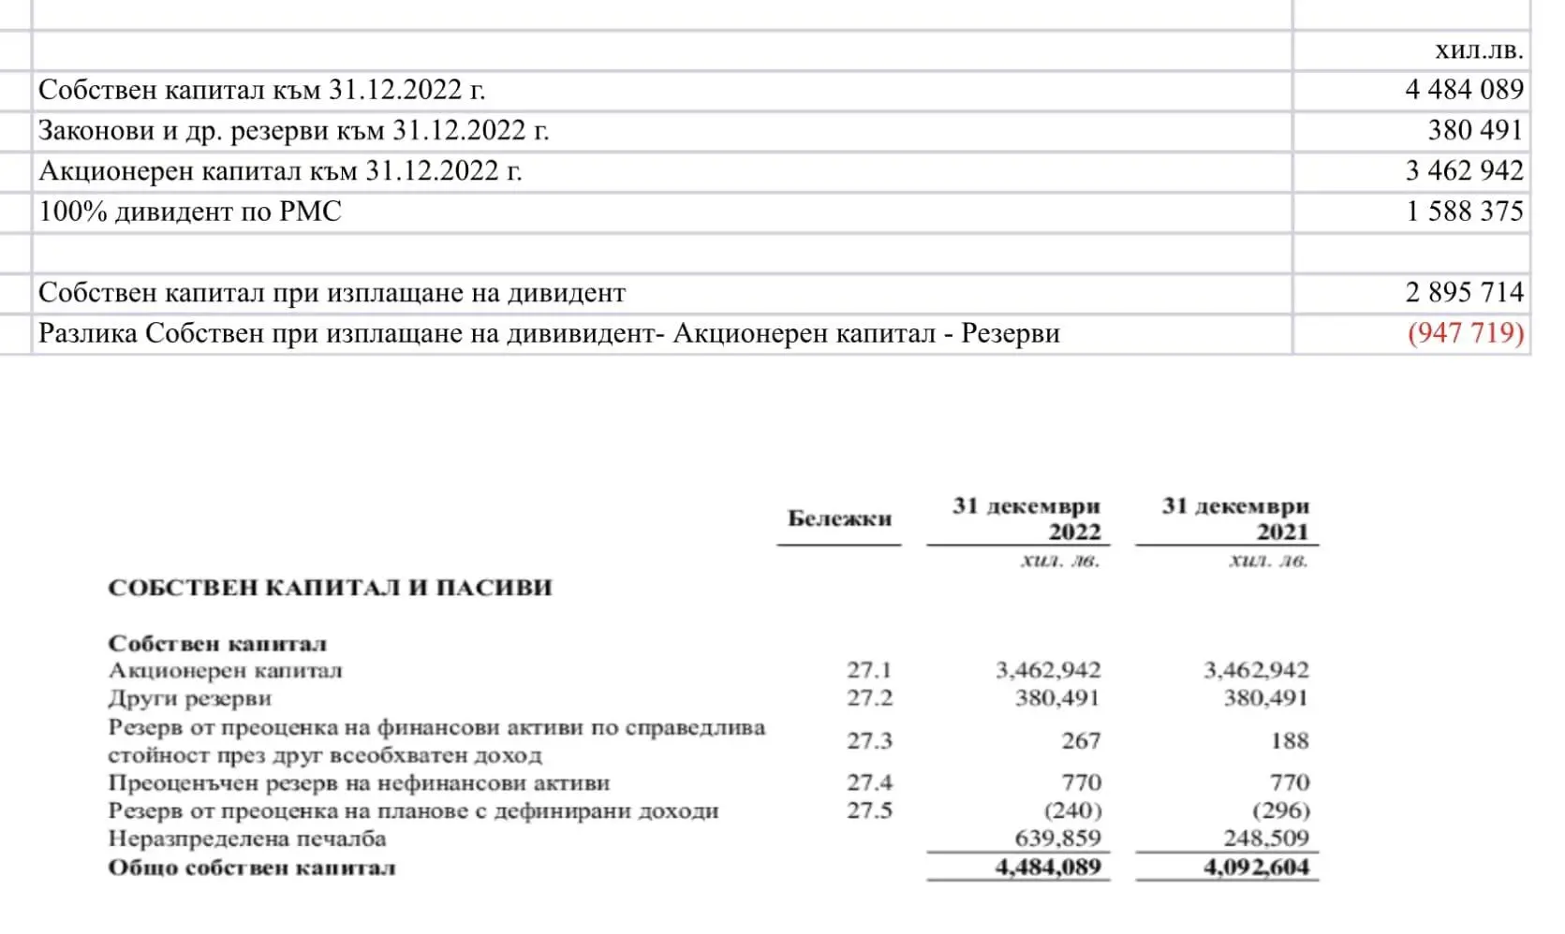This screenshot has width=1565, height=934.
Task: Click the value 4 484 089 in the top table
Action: coord(1464,90)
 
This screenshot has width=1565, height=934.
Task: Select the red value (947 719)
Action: coord(1466,333)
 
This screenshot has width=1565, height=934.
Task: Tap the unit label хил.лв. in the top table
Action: coord(1479,50)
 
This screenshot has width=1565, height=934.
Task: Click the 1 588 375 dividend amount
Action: coord(1465,212)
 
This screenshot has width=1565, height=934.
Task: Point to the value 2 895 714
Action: coord(1465,293)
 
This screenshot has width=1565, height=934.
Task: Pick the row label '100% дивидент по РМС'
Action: coord(190,212)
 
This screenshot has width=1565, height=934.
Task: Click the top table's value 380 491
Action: coord(1475,130)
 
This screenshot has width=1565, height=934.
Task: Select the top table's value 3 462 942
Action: coord(1465,171)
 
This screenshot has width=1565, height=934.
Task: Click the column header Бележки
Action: coord(839,518)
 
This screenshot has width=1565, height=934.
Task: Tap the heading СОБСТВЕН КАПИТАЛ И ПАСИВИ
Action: coord(330,588)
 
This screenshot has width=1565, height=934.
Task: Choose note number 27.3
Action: coord(869,740)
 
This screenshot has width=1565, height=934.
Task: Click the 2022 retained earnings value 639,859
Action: coord(1057,838)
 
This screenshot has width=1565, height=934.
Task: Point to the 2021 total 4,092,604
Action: coord(1256,868)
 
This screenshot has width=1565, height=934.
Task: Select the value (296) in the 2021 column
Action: coord(1280,810)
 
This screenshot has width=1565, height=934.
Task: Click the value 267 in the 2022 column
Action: coord(1081,740)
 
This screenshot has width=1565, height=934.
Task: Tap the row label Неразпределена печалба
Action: coord(247,838)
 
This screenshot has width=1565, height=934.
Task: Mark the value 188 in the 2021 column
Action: coord(1290,740)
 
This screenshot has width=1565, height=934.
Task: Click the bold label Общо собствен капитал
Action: coord(252,868)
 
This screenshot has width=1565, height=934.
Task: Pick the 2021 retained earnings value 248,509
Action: coord(1266,838)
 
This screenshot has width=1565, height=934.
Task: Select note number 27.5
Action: coord(869,810)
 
